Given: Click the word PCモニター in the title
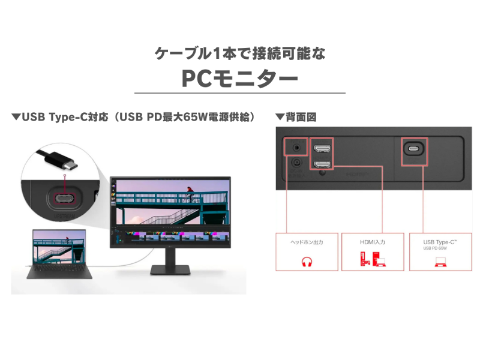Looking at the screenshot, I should click(x=239, y=79).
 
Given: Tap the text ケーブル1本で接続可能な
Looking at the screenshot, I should click(x=239, y=53).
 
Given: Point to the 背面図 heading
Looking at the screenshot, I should click(x=300, y=116).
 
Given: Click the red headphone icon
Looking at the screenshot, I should click(x=307, y=262).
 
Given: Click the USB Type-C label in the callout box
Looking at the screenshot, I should click(x=440, y=241).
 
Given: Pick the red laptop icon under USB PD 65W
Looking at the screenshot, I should click(x=440, y=262).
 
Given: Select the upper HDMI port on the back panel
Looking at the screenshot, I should click(x=322, y=148).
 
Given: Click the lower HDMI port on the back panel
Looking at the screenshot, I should click(x=322, y=164).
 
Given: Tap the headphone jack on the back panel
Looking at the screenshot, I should click(x=295, y=146).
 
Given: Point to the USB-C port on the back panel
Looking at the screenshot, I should click(x=413, y=149).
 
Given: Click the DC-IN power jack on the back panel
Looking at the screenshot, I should click(x=295, y=162).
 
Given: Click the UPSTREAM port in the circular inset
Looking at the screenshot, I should click(x=64, y=199).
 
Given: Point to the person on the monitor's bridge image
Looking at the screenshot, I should click(x=190, y=192).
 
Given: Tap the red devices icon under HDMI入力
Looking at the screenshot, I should click(x=373, y=260).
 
